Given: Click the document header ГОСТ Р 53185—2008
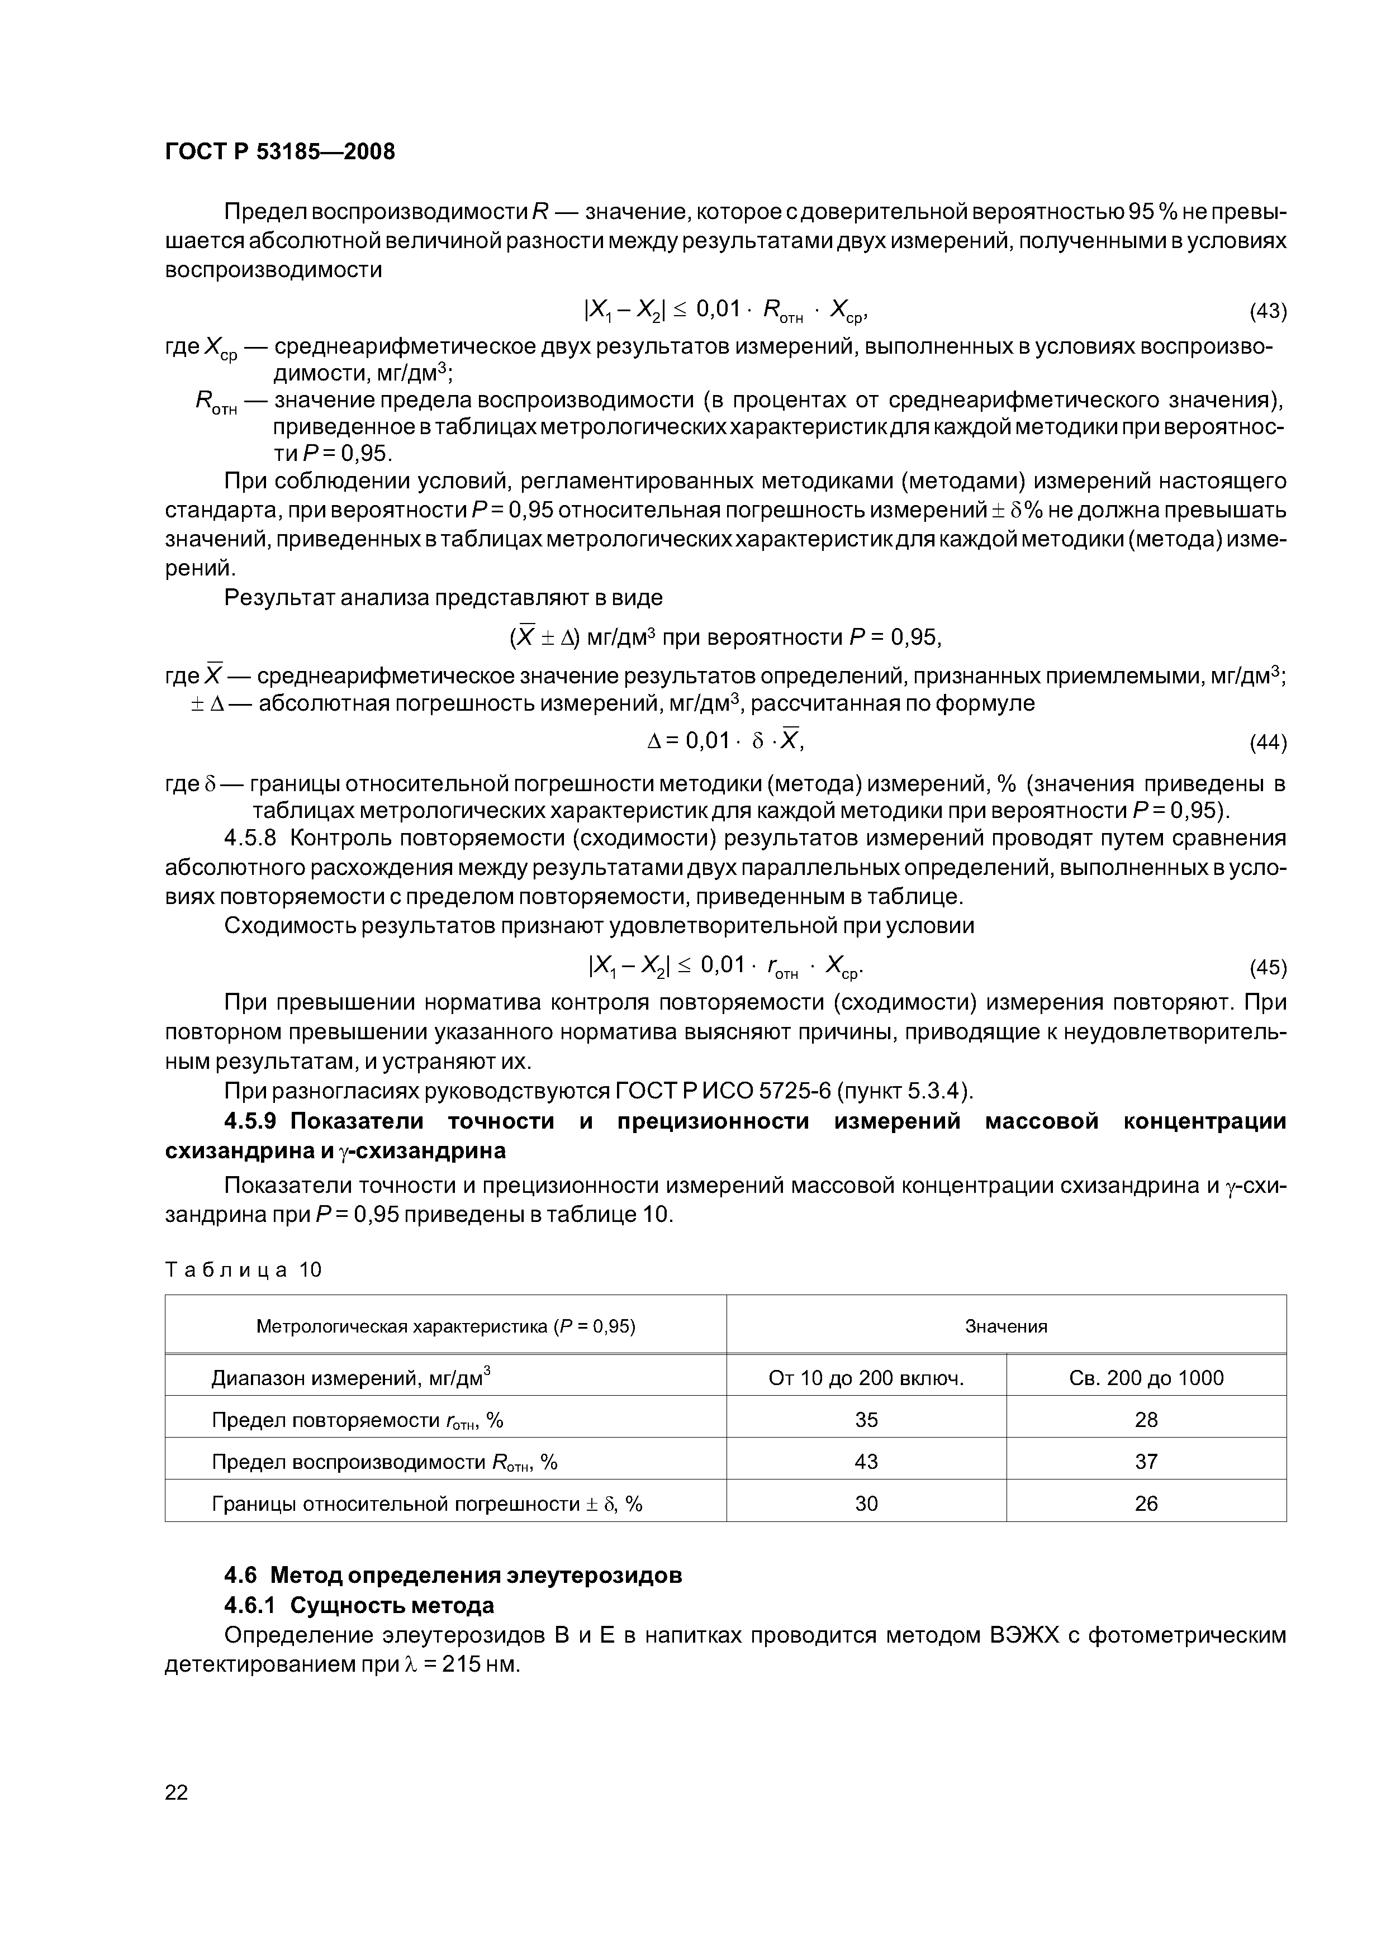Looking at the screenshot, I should coord(279,152).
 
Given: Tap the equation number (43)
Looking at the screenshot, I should coord(1268,312).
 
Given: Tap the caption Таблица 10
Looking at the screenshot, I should coord(243,1270).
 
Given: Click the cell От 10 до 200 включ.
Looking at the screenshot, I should coord(866,1378).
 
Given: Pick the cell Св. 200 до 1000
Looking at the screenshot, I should coord(1146,1378).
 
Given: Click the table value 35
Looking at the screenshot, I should coord(866,1420).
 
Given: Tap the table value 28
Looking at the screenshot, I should coord(1146,1420).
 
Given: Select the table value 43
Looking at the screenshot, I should coord(866,1462).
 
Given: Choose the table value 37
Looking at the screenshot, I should coord(1146,1462).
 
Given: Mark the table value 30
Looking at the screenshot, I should coord(866,1504).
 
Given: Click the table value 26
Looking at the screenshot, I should coord(1146,1504).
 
